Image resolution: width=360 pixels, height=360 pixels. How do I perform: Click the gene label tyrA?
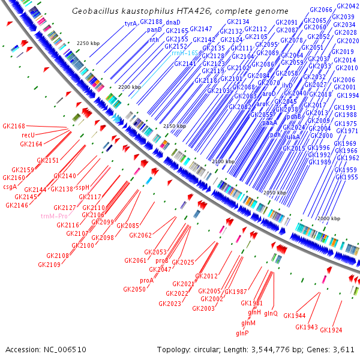coord(131,23)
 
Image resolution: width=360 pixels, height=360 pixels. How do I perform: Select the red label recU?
coord(29,136)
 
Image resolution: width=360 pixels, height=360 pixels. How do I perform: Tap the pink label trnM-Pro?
coord(54,215)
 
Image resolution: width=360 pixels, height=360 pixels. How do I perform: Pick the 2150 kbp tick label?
coord(176,126)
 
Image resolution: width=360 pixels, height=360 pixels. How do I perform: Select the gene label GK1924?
coord(331,330)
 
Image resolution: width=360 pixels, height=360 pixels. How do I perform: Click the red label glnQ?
coord(271,313)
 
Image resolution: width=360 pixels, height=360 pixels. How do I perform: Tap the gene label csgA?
coord(10,187)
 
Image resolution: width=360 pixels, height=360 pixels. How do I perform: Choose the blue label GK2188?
coord(151,22)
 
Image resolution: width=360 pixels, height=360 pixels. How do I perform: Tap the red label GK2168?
coord(14,127)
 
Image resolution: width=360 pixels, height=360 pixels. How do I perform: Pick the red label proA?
coord(147,280)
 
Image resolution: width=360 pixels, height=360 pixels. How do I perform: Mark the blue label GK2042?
coord(348,7)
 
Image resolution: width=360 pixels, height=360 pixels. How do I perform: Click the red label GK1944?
coord(295,316)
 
